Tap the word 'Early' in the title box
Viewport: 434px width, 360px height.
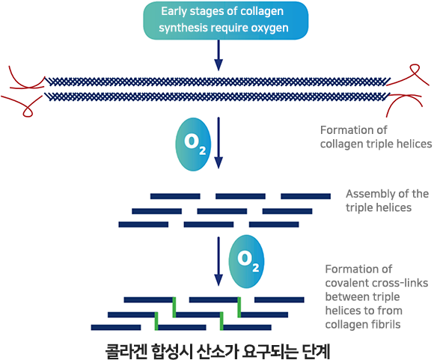tap(171, 12)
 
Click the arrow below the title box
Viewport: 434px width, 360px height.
tap(218, 55)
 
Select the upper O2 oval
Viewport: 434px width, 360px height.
tap(193, 144)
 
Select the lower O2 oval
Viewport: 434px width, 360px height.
tap(246, 261)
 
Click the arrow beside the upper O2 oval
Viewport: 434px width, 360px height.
tap(218, 143)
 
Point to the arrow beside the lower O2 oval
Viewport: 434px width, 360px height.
tap(218, 261)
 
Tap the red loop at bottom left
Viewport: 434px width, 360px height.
tap(27, 110)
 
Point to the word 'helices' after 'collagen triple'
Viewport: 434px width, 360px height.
tap(415, 144)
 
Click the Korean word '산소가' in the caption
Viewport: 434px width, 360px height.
tap(217, 351)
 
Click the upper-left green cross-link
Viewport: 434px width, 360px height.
tap(174, 307)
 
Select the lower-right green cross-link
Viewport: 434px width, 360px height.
tap(221, 321)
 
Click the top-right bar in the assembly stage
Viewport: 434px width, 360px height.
tap(305, 196)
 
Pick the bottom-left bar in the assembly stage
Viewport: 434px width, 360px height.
tap(144, 225)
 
